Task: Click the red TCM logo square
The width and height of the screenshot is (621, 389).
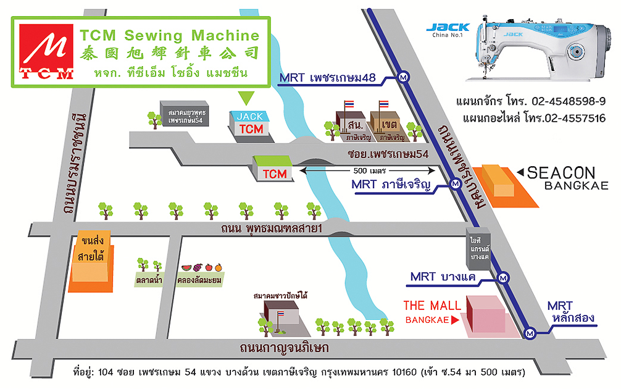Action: (46, 52)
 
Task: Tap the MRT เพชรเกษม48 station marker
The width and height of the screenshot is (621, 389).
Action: (404, 77)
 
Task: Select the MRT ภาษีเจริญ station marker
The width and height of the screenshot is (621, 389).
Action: (455, 183)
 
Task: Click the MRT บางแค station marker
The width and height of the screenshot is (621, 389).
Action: (504, 277)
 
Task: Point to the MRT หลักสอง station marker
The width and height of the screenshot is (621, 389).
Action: (530, 333)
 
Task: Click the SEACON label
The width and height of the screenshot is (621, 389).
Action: (561, 173)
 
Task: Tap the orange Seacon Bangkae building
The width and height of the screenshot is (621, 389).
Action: (501, 184)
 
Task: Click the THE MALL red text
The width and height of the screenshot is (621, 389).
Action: (432, 305)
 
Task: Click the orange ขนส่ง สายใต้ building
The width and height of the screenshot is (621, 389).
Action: (90, 264)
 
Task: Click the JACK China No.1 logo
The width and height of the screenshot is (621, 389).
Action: (447, 30)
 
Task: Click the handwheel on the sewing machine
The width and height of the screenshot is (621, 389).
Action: (579, 51)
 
